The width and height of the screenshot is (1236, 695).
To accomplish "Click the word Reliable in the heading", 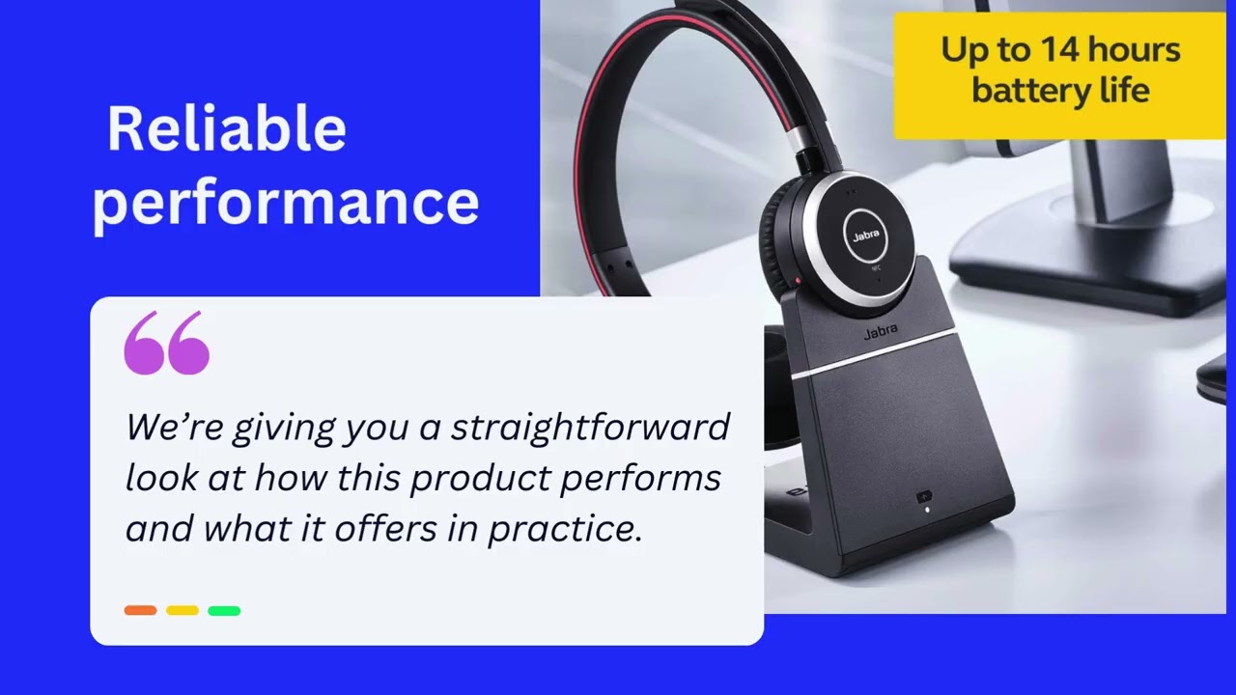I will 226,129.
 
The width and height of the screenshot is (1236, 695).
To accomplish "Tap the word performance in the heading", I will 286,203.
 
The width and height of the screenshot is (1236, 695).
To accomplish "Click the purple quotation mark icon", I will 166,343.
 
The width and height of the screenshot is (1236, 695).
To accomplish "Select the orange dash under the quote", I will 140,610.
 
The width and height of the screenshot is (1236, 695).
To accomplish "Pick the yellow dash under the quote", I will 182,610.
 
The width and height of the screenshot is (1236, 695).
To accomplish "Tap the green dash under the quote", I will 224,610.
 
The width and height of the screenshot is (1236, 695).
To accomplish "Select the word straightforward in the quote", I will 590,427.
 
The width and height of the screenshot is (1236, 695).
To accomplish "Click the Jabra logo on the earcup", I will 865,236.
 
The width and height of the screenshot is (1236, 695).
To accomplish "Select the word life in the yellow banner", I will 1129,91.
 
